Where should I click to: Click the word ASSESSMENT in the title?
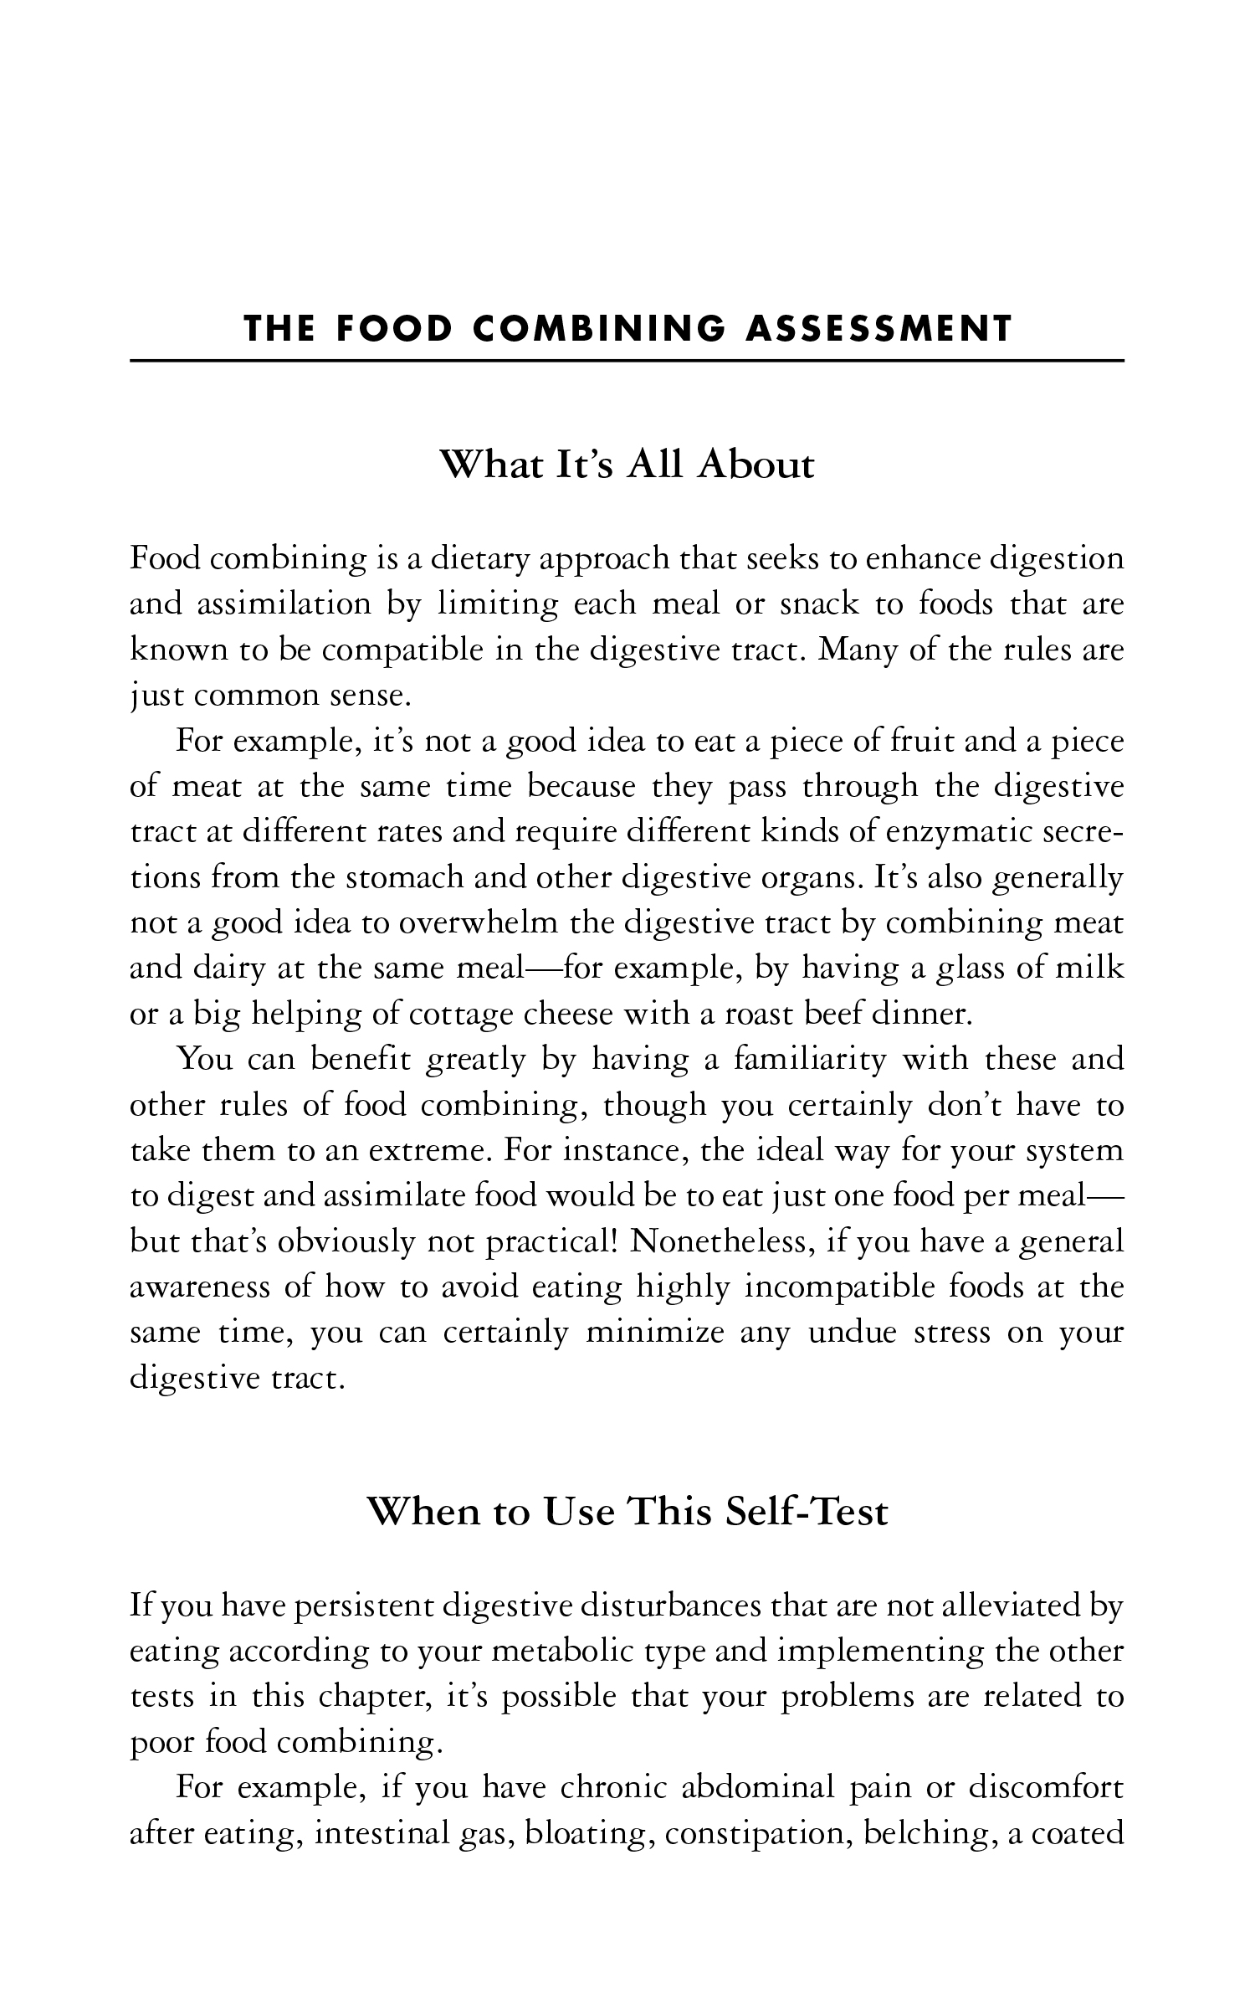click(x=878, y=329)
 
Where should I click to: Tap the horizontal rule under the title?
click(x=627, y=361)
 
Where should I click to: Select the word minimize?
click(x=654, y=1333)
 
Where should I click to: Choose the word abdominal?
click(x=760, y=1787)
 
